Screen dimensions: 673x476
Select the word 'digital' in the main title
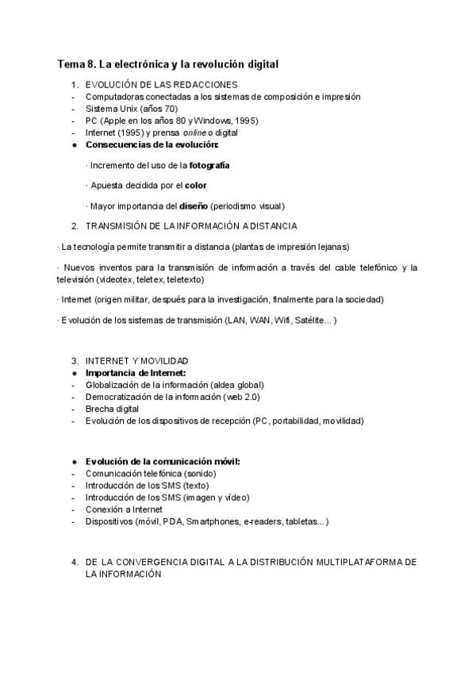(260, 63)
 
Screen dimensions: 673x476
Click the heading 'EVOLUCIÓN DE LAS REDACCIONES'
(161, 85)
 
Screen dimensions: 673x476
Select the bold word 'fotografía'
(209, 166)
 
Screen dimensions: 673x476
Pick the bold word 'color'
(195, 186)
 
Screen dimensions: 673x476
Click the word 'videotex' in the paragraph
(115, 279)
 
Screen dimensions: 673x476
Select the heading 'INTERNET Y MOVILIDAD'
(136, 361)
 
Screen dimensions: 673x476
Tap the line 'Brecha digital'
(112, 409)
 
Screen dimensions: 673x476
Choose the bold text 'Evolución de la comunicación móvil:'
(163, 462)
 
